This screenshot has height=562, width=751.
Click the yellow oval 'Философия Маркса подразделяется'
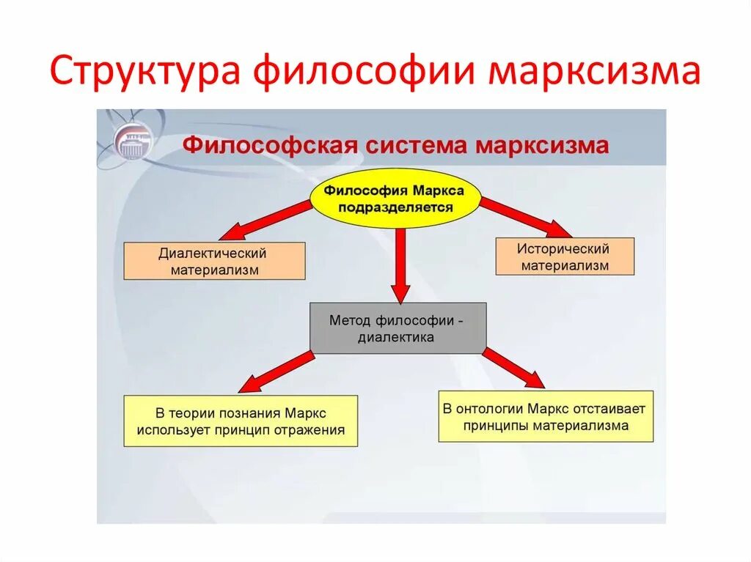(397, 199)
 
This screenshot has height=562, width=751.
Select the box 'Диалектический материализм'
(214, 262)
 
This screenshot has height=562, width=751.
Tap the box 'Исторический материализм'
(565, 256)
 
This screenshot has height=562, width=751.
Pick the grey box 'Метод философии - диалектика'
(398, 328)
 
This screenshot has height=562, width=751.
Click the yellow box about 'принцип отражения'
(241, 421)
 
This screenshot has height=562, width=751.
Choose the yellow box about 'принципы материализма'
(546, 417)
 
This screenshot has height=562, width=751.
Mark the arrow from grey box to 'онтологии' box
(513, 368)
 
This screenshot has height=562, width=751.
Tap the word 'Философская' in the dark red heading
(270, 145)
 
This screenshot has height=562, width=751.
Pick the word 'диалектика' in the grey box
(397, 338)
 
